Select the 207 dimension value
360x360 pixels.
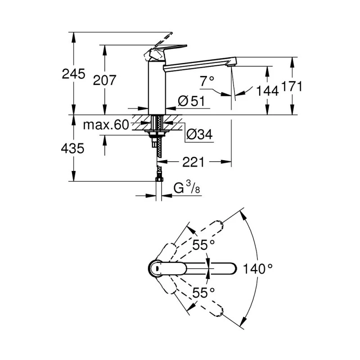tap(104, 81)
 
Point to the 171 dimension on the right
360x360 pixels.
tap(292, 86)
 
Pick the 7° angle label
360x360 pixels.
tap(207, 81)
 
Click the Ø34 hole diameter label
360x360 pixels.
tap(198, 134)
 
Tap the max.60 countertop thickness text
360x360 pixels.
tap(106, 125)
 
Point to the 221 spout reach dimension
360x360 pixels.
tap(193, 162)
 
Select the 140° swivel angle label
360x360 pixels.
tap(258, 269)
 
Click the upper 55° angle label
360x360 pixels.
tap(204, 245)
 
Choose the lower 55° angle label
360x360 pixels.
tap(204, 293)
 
